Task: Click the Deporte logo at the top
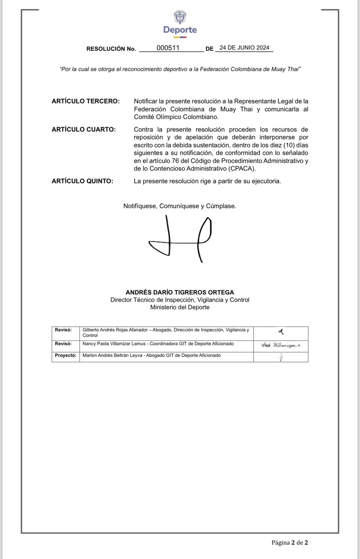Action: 180,24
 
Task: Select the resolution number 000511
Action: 168,48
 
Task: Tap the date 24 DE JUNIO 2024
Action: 244,48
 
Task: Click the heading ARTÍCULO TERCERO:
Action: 86,101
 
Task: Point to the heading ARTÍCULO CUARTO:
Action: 84,130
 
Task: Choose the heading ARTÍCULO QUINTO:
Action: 82,181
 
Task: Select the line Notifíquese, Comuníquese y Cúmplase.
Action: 180,206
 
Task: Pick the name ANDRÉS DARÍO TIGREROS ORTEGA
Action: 180,292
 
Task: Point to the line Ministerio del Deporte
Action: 180,307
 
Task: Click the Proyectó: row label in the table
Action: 65,356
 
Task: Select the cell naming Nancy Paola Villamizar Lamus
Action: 158,344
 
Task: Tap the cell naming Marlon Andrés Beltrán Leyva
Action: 152,356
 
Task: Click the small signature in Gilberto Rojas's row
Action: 281,332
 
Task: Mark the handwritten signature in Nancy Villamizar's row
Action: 281,346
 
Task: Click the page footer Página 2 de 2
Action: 290,543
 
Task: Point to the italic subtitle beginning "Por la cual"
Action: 180,69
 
